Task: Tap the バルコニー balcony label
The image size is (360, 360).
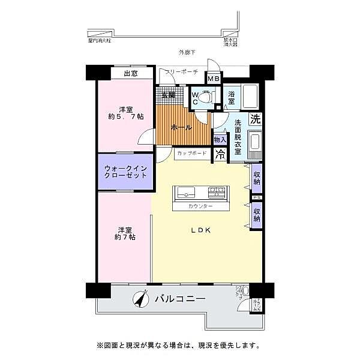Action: pos(180,298)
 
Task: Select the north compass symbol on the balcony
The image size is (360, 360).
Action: pos(141,299)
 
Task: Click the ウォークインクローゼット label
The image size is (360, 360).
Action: pos(125,173)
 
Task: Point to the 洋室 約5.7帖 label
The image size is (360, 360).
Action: pos(125,113)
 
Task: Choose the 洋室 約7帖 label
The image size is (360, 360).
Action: pos(125,233)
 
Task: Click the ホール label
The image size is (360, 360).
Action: pos(181,128)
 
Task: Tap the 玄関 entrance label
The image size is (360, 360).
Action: pos(168,95)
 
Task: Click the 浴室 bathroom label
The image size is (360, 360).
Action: pos(232,97)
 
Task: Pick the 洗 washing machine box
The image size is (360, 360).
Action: pos(256,119)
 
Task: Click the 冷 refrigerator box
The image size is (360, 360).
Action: pos(220,154)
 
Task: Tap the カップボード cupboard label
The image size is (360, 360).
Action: pos(192,154)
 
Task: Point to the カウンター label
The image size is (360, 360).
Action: pos(200,206)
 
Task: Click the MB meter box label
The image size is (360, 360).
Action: pos(213,78)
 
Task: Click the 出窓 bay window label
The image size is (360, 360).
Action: pos(131,74)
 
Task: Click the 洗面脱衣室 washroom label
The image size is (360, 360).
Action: pos(238,137)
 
